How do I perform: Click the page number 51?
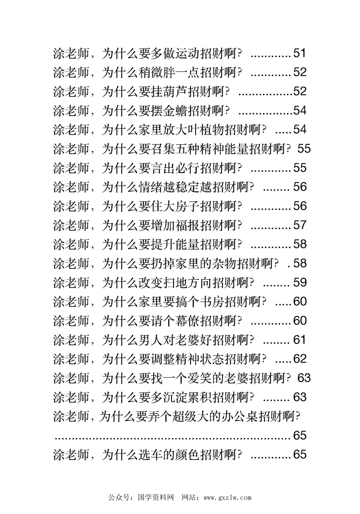[x=300, y=53]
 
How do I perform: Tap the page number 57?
[x=300, y=225]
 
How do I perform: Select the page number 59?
[x=300, y=282]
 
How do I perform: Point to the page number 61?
[x=299, y=340]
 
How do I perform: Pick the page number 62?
[x=300, y=359]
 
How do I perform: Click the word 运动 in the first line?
[x=187, y=53]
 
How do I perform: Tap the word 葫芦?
[x=175, y=92]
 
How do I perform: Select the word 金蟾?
[x=175, y=111]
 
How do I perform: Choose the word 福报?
[x=187, y=226]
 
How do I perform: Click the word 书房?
[x=212, y=302]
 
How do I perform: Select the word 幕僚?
[x=187, y=321]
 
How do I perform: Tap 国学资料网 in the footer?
[x=156, y=498]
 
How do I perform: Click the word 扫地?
[x=175, y=283]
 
